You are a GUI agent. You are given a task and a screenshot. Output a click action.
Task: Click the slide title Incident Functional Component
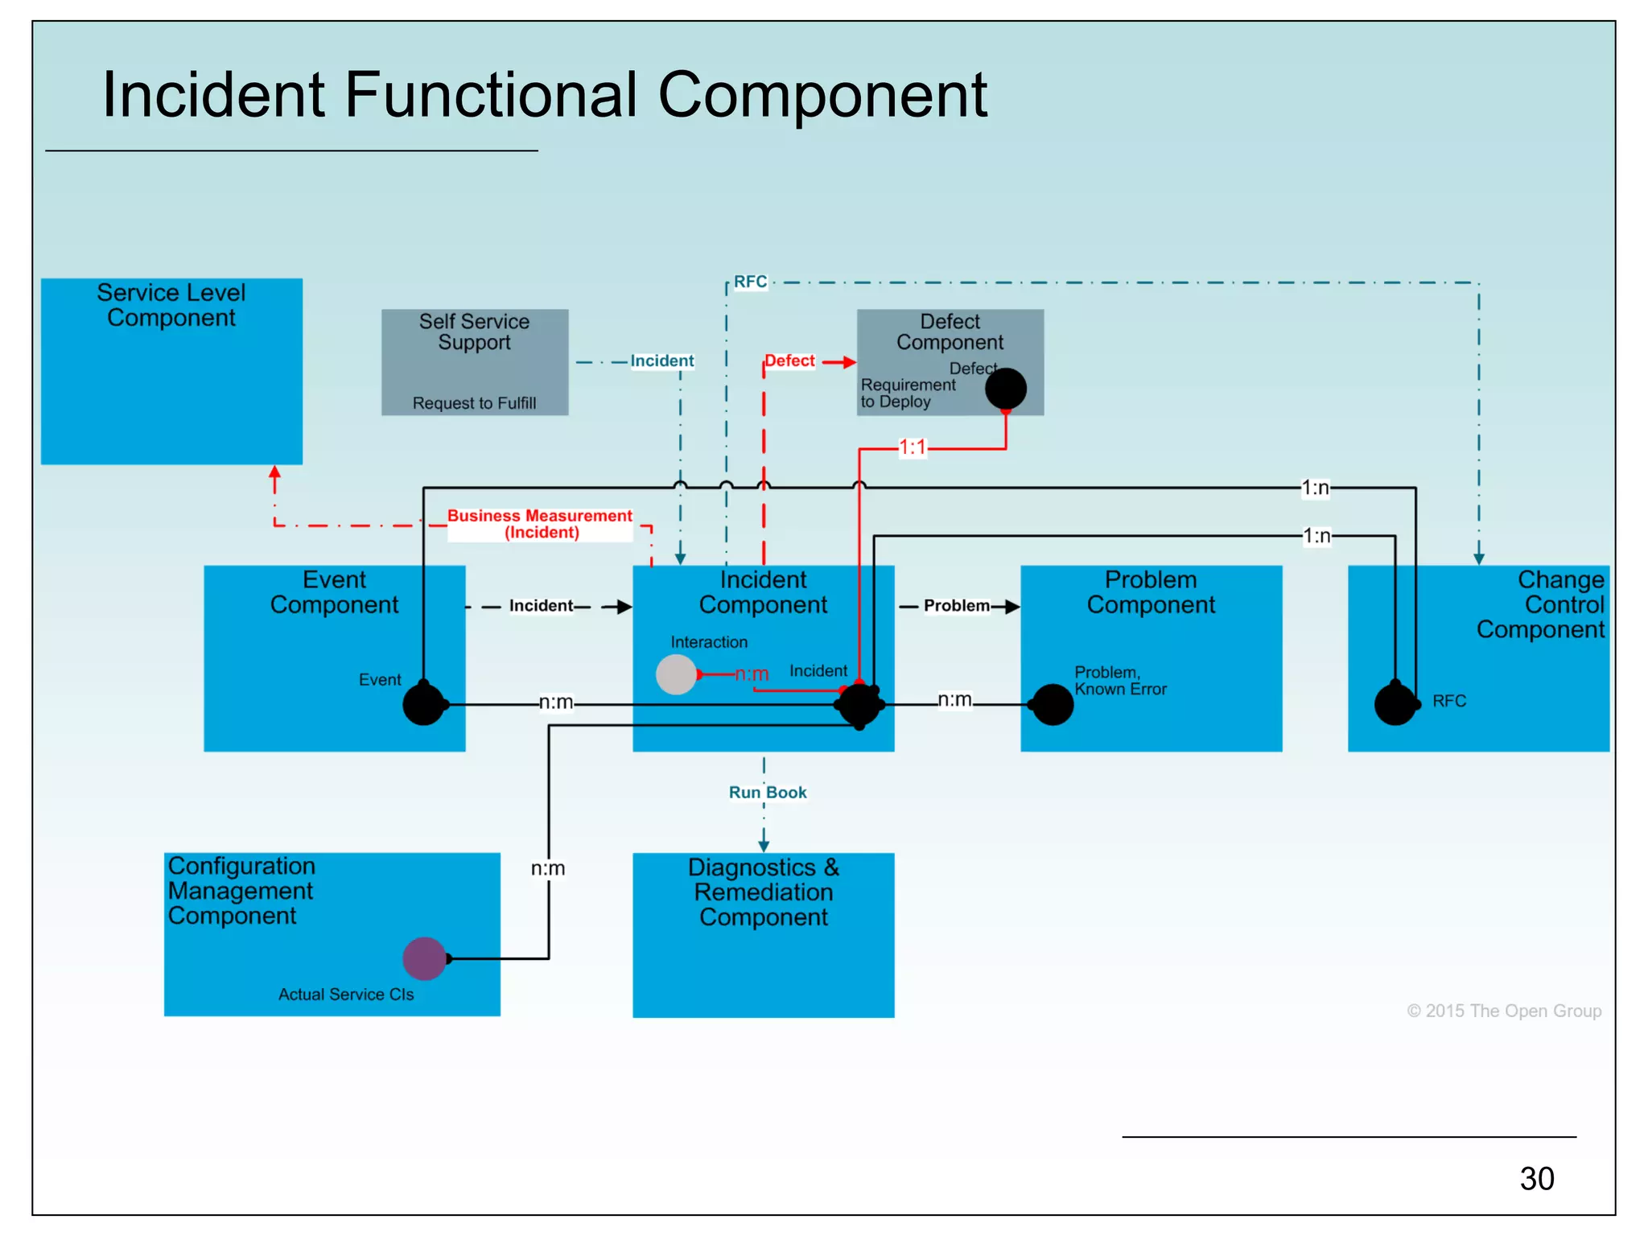(544, 95)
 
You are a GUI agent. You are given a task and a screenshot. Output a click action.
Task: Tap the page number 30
(1536, 1178)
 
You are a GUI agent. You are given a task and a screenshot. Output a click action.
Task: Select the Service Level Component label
(171, 305)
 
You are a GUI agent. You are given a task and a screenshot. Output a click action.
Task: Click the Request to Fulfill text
(474, 403)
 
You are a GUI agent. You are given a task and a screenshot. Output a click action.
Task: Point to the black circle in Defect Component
(1005, 389)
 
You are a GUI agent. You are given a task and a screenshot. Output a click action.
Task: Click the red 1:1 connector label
(913, 447)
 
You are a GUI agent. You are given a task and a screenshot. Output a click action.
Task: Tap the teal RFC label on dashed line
(750, 282)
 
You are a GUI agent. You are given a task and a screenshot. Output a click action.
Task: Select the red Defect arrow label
(789, 360)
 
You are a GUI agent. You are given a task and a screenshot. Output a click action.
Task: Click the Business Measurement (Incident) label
(540, 524)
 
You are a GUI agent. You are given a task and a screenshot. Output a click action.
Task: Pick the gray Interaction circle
(676, 674)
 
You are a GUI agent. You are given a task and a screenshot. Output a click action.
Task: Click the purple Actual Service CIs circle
(424, 958)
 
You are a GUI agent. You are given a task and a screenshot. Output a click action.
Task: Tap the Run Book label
(767, 793)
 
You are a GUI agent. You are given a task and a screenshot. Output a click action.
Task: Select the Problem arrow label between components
(956, 605)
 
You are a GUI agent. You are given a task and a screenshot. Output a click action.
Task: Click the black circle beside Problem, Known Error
(1052, 705)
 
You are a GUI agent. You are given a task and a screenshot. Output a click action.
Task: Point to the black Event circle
(423, 705)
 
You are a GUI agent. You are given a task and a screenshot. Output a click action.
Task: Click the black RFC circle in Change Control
(1395, 705)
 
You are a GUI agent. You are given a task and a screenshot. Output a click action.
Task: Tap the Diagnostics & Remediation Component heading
(763, 892)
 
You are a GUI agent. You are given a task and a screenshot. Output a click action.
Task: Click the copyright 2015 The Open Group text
(1503, 1011)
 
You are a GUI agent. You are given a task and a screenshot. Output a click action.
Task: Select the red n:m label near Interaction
(752, 674)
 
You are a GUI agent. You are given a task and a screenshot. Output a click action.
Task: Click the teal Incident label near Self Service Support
(661, 360)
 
